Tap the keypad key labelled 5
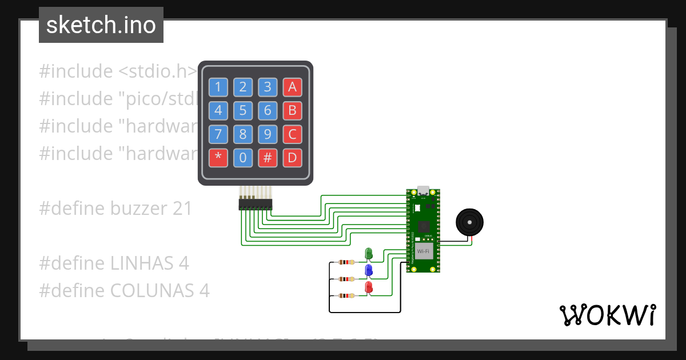[243, 110]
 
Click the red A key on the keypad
[292, 87]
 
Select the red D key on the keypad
[292, 158]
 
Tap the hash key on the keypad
[268, 158]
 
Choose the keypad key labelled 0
[243, 158]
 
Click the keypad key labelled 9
[268, 134]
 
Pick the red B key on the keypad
[292, 110]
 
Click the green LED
[369, 253]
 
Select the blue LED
[369, 270]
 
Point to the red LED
[369, 287]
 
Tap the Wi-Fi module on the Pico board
[423, 251]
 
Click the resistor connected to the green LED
[346, 262]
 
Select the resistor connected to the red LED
[346, 295]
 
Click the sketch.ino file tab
[101, 25]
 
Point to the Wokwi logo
[607, 315]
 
